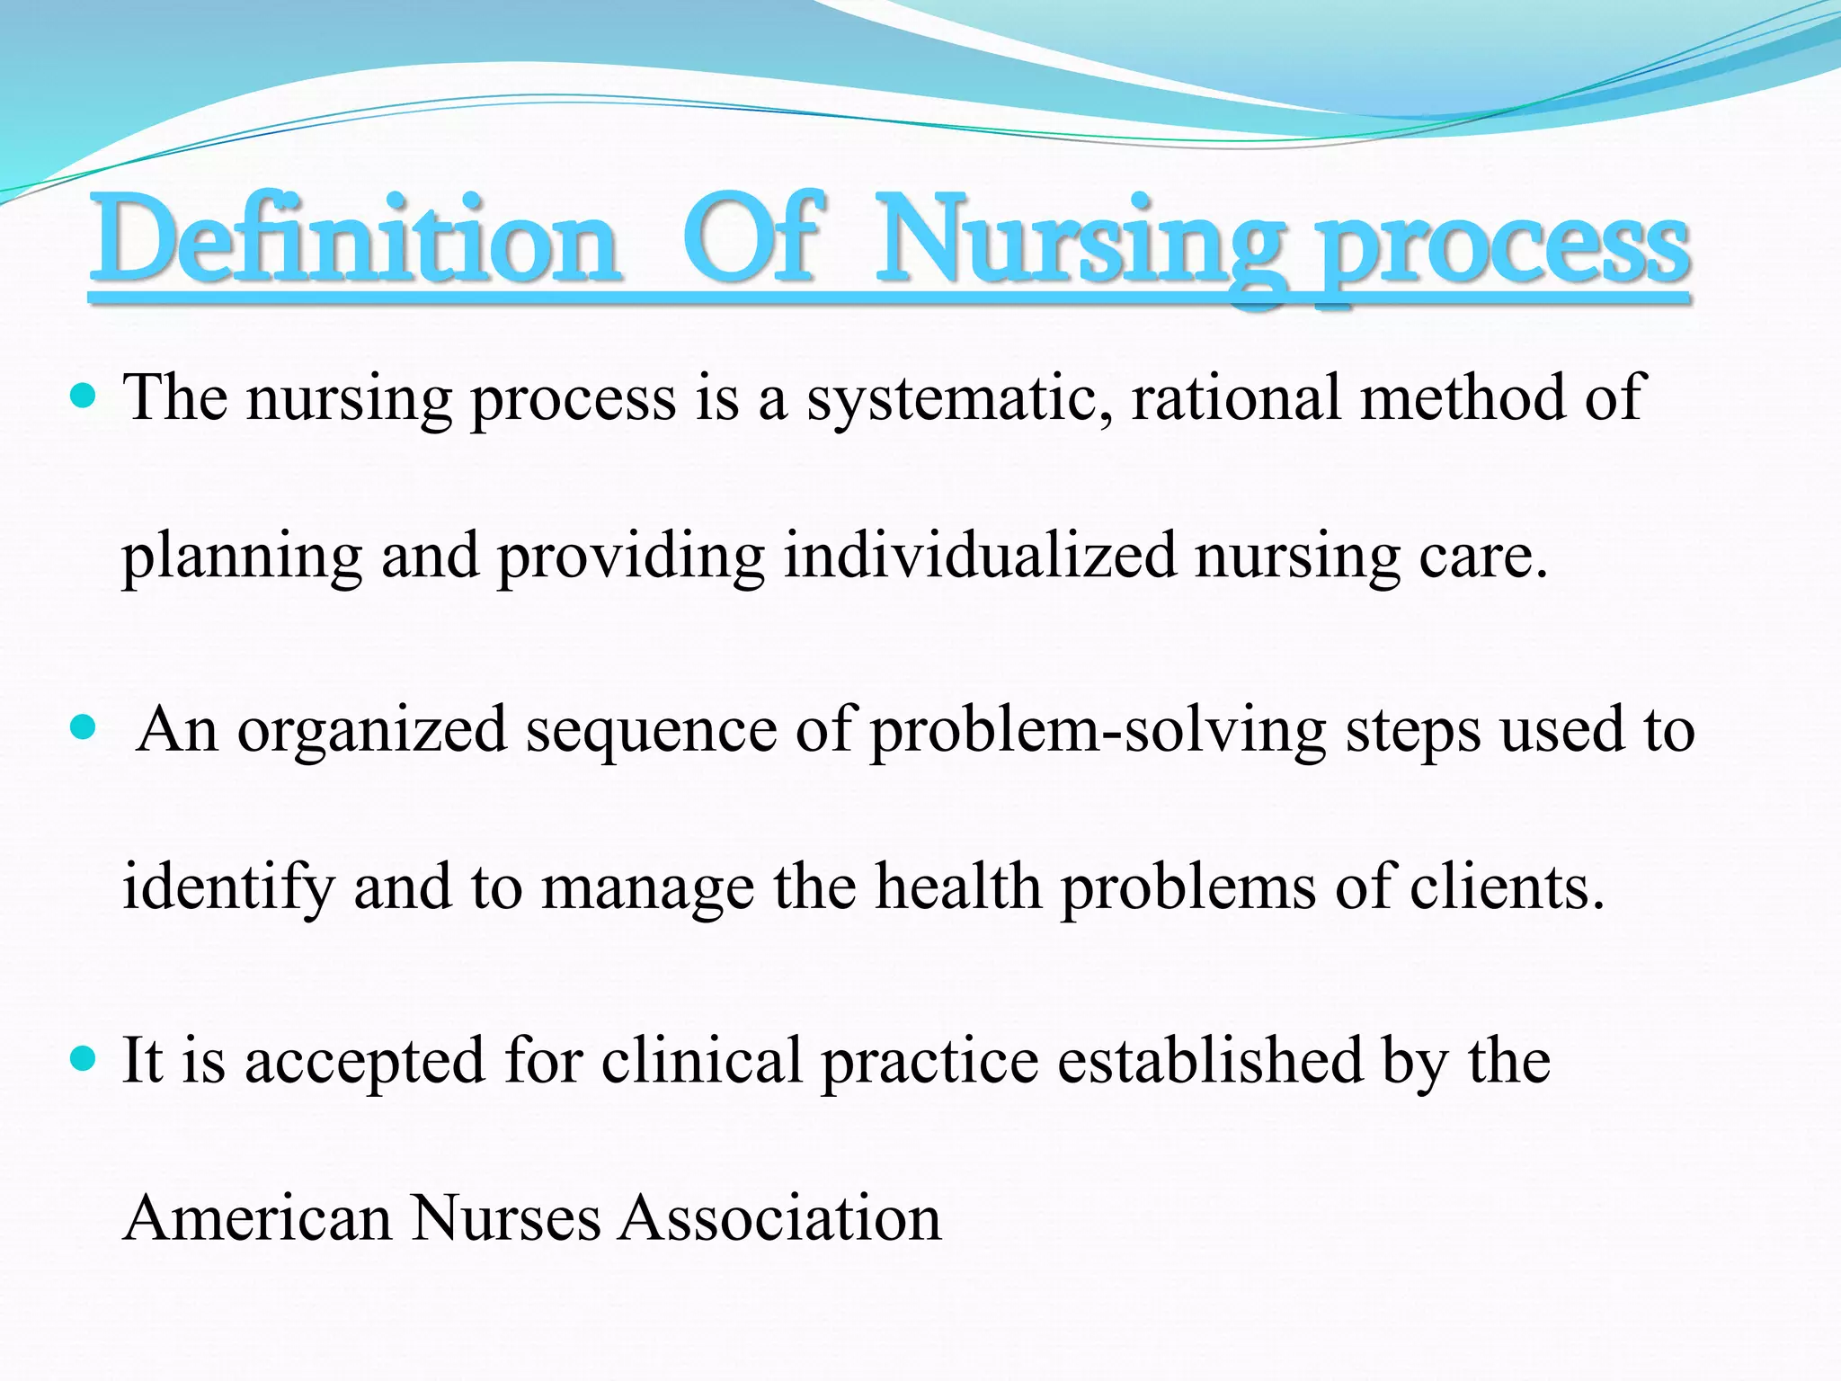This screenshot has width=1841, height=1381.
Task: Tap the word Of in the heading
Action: (x=753, y=241)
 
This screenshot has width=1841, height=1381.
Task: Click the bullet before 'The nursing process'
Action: (x=82, y=395)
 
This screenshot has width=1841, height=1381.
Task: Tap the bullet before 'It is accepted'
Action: (x=82, y=1058)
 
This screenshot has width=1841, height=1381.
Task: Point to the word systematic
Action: (x=959, y=398)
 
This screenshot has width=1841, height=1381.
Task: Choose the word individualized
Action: (x=980, y=556)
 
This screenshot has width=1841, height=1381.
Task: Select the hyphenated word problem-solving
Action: (x=1098, y=731)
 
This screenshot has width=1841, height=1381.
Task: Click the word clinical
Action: (x=701, y=1060)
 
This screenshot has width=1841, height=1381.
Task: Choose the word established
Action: (x=1210, y=1060)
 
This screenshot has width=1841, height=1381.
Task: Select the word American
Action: (x=258, y=1218)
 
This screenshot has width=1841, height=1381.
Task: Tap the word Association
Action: (x=780, y=1218)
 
